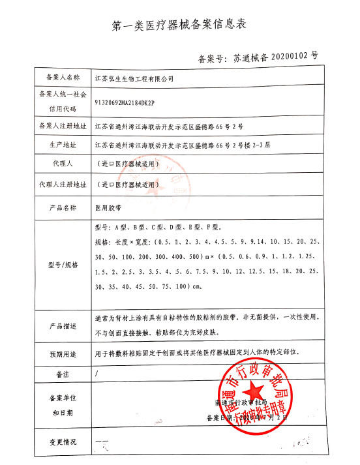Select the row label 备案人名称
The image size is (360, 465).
click(59, 77)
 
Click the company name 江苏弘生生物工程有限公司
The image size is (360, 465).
click(134, 78)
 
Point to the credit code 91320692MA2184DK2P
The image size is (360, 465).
click(127, 102)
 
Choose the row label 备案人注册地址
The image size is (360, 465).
click(59, 125)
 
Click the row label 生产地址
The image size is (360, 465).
click(59, 144)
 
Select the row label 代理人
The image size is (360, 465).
click(59, 163)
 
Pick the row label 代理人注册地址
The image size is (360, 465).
click(59, 184)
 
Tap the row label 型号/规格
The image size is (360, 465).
click(59, 265)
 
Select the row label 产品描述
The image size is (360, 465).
click(59, 325)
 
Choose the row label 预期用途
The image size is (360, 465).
click(59, 354)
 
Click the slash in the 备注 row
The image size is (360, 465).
click(97, 374)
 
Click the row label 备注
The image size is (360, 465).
click(59, 374)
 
